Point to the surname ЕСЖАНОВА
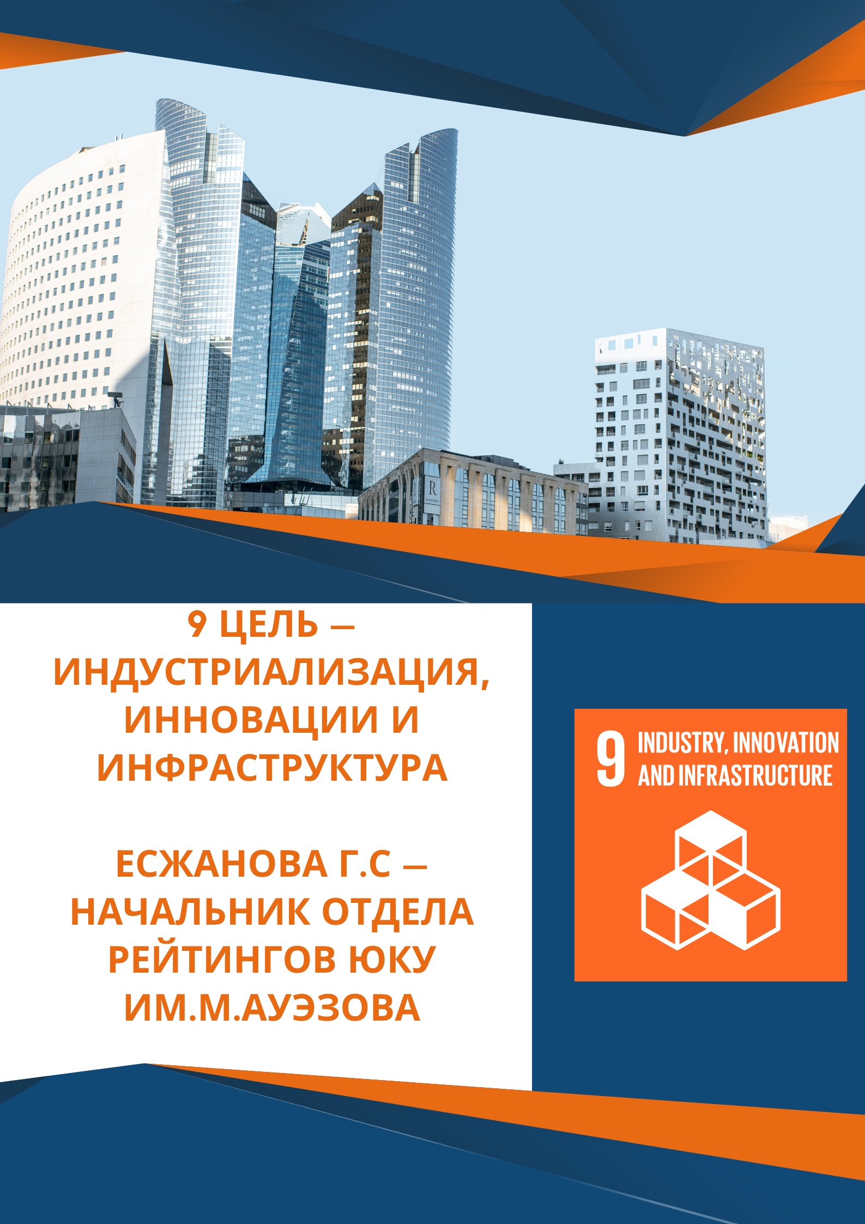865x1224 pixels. pos(221,865)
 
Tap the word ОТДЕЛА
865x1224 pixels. pos(398,913)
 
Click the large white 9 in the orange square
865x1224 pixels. pos(610,759)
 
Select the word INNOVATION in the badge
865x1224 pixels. pos(786,743)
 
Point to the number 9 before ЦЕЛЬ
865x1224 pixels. pos(197,625)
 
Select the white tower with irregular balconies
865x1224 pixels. pos(681,436)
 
